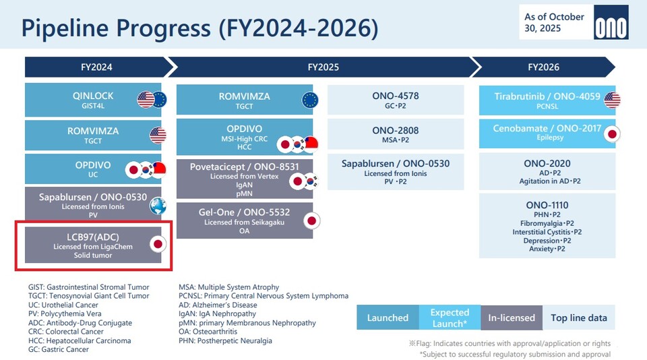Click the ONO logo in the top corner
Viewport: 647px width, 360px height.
pos(611,27)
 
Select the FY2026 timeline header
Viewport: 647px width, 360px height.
pos(543,67)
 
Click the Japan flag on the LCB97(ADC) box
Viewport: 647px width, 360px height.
pos(157,244)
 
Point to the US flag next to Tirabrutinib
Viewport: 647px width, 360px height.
pos(612,100)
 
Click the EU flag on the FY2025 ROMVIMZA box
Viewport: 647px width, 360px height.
pos(309,100)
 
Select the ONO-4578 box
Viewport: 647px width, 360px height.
pos(396,100)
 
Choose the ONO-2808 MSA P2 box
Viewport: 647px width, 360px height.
pos(396,134)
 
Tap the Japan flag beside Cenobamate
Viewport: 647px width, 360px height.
pos(612,133)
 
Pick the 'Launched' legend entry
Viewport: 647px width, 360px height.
pos(388,318)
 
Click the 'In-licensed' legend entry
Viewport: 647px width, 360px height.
pos(511,318)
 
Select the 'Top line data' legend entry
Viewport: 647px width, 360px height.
pos(578,318)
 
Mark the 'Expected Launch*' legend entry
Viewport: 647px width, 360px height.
pos(450,318)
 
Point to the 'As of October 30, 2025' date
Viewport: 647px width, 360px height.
pos(555,22)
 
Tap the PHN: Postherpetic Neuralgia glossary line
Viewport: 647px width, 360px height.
pos(225,340)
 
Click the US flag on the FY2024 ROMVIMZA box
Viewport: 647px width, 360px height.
pos(157,135)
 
